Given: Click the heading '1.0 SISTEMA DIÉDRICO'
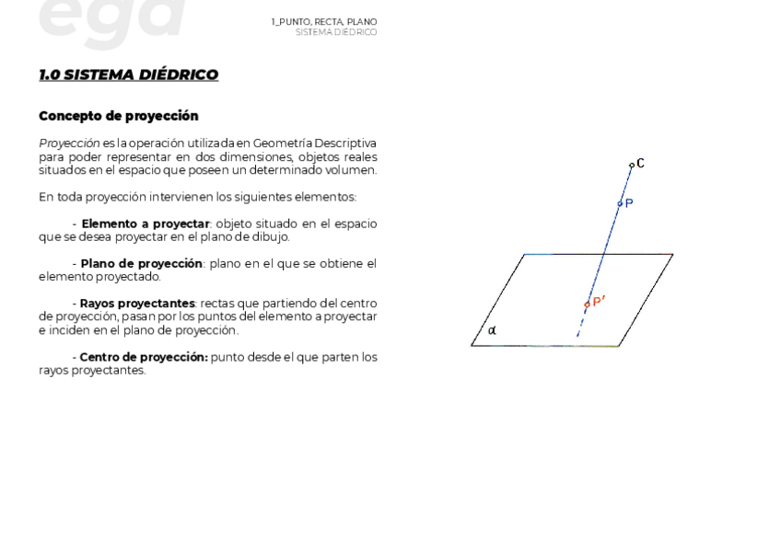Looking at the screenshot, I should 128,75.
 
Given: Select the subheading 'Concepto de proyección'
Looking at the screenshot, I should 118,116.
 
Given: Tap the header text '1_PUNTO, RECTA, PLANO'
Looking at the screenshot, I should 323,21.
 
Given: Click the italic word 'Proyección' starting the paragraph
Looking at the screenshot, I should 69,143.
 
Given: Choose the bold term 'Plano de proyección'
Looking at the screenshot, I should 141,264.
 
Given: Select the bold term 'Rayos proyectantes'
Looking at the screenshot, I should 137,304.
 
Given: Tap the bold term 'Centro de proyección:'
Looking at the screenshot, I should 144,357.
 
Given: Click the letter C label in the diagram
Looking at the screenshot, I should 640,164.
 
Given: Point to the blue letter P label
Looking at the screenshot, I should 629,203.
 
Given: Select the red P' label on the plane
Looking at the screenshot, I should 599,301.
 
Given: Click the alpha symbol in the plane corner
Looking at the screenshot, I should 492,330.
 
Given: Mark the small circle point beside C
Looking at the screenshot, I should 631,166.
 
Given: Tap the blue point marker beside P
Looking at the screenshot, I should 620,203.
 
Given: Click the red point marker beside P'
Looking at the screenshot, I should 587,304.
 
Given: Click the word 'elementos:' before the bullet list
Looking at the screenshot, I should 327,197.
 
